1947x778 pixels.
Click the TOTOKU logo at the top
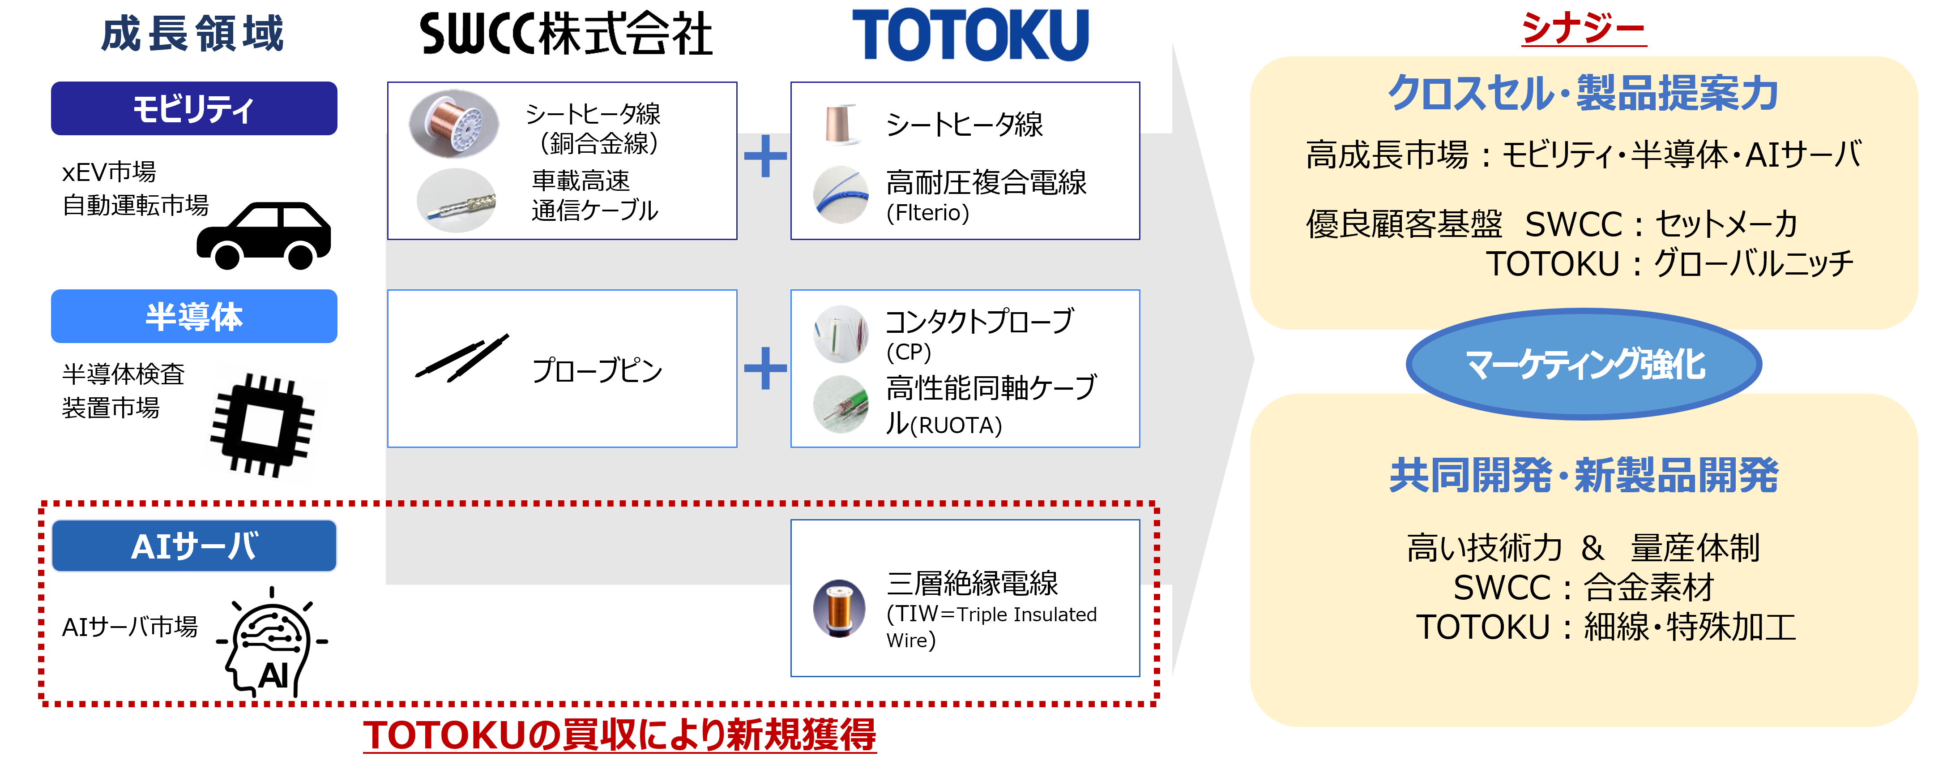click(970, 35)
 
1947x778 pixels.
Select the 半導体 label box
click(194, 316)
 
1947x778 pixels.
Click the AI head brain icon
click(274, 641)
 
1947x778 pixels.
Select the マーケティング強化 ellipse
click(1584, 365)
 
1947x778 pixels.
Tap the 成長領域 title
click(193, 34)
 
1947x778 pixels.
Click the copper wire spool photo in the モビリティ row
click(453, 123)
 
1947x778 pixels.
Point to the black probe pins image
click(462, 357)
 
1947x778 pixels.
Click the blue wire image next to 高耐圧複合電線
click(841, 195)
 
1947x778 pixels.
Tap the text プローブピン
click(597, 370)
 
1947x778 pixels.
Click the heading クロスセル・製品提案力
click(1584, 94)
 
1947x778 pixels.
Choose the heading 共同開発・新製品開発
click(1584, 476)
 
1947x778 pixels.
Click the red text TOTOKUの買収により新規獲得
click(620, 735)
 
